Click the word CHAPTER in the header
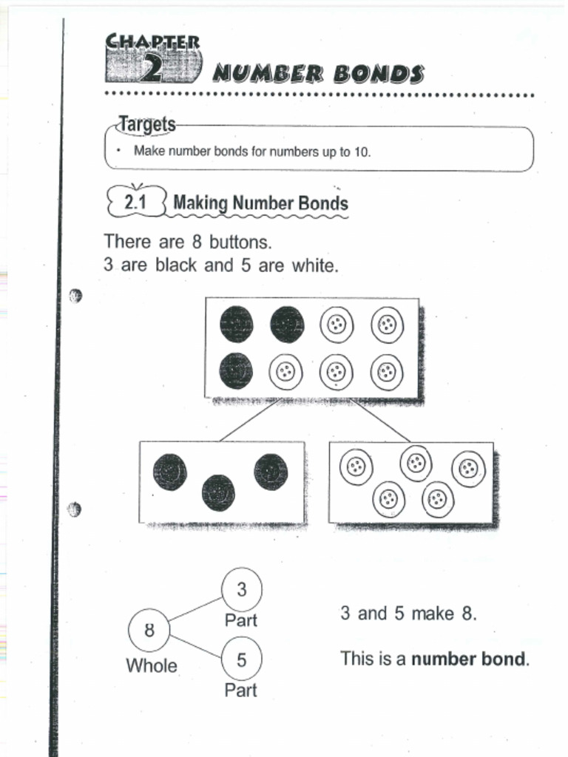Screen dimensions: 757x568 [152, 41]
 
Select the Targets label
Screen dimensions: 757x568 [148, 124]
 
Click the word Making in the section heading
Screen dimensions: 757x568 [200, 203]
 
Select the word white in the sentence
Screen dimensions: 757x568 [314, 265]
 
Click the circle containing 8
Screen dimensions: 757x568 [149, 631]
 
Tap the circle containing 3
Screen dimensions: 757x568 [242, 589]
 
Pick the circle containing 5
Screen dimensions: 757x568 [242, 659]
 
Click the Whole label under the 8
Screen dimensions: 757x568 [152, 665]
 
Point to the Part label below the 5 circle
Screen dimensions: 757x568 [241, 690]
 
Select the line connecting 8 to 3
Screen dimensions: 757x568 [196, 609]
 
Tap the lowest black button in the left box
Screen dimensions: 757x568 [218, 493]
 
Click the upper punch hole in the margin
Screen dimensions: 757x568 [75, 296]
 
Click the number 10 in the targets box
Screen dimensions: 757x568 [362, 152]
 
